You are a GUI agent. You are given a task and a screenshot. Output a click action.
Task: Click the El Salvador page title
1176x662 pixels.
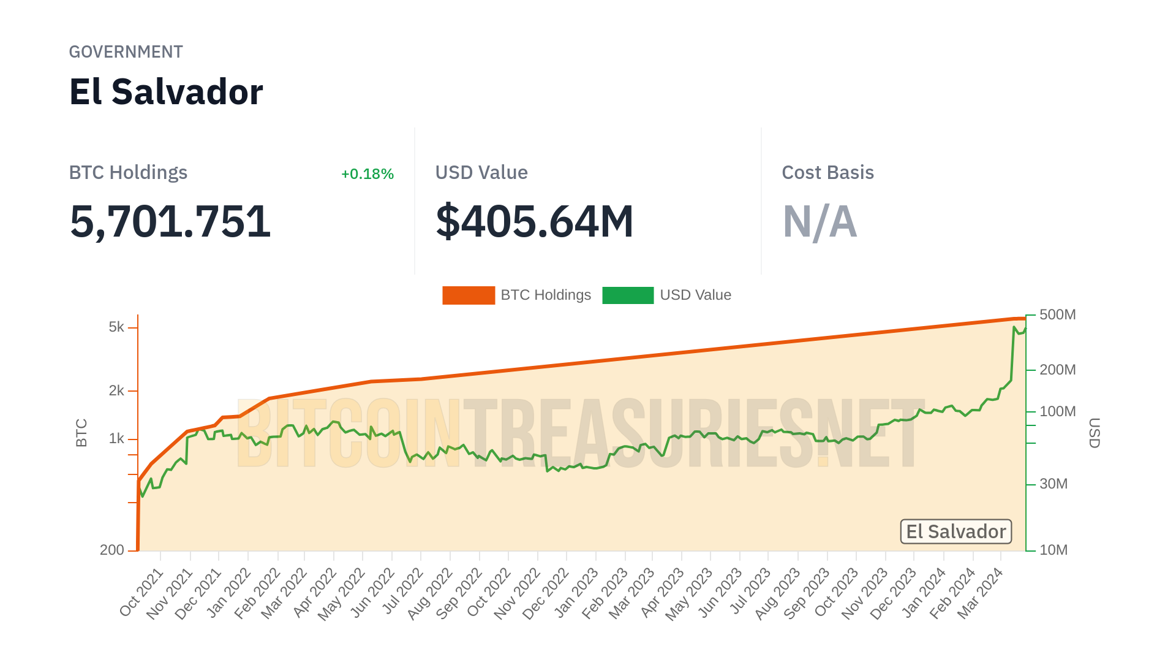[166, 92]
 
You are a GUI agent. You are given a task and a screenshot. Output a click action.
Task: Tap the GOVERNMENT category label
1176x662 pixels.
[126, 52]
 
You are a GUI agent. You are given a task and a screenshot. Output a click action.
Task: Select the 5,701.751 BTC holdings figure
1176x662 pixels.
[170, 221]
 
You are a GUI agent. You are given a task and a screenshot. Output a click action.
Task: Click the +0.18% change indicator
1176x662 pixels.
[367, 174]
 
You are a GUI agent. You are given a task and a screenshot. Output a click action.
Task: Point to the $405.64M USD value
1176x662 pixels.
[534, 221]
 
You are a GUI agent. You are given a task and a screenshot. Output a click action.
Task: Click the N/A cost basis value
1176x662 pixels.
[820, 221]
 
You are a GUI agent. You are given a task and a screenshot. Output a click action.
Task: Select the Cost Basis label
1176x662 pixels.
[827, 173]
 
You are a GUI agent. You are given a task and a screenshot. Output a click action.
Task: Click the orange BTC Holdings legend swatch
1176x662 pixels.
[468, 295]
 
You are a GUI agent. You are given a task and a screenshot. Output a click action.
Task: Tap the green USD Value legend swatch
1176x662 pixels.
[627, 295]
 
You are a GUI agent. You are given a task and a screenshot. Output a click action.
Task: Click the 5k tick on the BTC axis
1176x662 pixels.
[116, 327]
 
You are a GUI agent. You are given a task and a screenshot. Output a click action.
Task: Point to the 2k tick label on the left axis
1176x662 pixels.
[116, 390]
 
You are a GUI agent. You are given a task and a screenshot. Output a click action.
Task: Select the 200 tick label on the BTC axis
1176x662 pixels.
[112, 550]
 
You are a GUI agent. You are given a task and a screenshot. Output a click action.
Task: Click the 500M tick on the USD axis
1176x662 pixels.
[1057, 315]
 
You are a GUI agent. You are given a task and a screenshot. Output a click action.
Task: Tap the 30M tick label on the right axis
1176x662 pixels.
[1053, 484]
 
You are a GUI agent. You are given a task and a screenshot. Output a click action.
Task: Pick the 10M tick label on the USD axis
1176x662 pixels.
[1053, 550]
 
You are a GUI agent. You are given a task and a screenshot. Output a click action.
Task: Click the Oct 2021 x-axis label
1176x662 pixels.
[142, 592]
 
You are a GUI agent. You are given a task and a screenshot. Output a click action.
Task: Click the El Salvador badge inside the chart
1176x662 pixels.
[956, 531]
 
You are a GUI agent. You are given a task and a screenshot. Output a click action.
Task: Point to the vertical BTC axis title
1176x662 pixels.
[81, 433]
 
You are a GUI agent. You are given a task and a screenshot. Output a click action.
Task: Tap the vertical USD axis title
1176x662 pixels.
[1094, 433]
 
